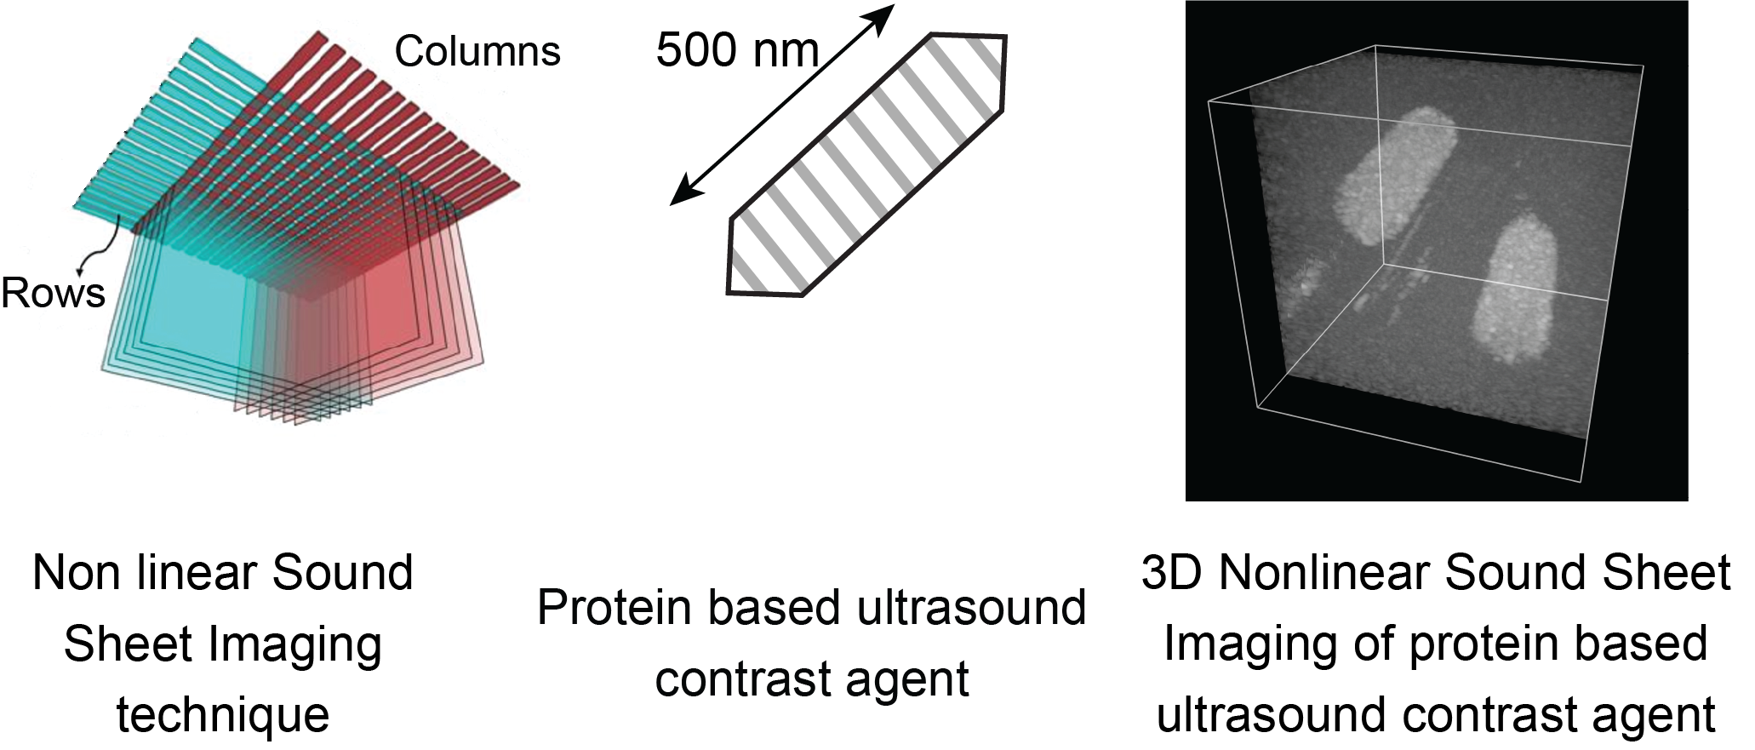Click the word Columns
tap(477, 52)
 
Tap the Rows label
tap(53, 294)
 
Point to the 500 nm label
tap(737, 50)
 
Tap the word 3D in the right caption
tap(1170, 572)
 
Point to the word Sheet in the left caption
tap(125, 644)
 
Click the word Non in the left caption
tap(69, 572)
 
